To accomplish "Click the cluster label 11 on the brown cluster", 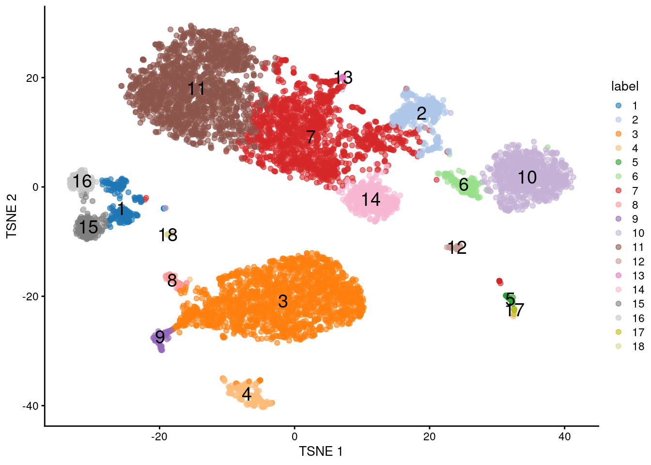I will point(196,89).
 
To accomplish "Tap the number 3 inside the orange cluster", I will point(283,301).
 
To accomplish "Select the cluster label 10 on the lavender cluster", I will point(527,177).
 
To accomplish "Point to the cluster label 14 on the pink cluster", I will point(371,200).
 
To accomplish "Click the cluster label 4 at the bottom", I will point(247,394).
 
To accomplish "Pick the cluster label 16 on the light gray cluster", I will point(82,182).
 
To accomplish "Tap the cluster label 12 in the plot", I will point(457,248).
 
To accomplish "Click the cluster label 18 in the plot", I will point(168,235).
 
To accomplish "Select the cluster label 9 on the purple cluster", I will point(160,337).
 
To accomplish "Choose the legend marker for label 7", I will point(619,191).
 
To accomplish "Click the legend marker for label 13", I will point(619,276).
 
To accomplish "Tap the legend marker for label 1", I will point(619,106).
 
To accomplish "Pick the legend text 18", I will point(638,346).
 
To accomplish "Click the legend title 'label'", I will point(625,86).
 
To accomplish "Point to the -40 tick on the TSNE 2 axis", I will point(31,406).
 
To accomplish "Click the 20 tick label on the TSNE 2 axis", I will point(32,78).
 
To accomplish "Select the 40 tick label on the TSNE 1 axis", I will point(564,436).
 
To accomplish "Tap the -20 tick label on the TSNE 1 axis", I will point(159,436).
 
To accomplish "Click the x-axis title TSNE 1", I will point(321,451).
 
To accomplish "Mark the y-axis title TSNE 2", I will point(12,216).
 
